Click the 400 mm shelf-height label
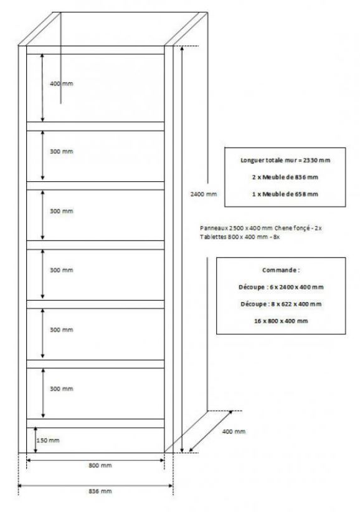click(x=62, y=83)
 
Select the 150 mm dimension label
click(x=48, y=440)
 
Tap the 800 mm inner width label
click(x=100, y=465)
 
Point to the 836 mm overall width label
click(x=100, y=491)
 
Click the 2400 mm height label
click(x=203, y=194)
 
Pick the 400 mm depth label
click(x=234, y=432)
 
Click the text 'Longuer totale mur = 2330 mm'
click(x=285, y=160)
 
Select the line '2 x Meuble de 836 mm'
click(x=285, y=178)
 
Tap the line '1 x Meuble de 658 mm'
click(x=285, y=194)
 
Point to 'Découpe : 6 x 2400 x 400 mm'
click(x=281, y=287)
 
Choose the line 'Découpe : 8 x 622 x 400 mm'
click(x=281, y=304)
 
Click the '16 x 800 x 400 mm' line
click(x=281, y=321)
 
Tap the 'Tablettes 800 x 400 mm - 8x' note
click(x=240, y=237)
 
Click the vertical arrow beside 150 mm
click(x=36, y=440)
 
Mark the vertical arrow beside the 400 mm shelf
click(x=42, y=87)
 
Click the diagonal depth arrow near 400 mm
click(x=211, y=432)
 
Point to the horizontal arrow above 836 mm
click(x=95, y=486)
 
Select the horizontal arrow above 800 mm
click(x=95, y=460)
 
